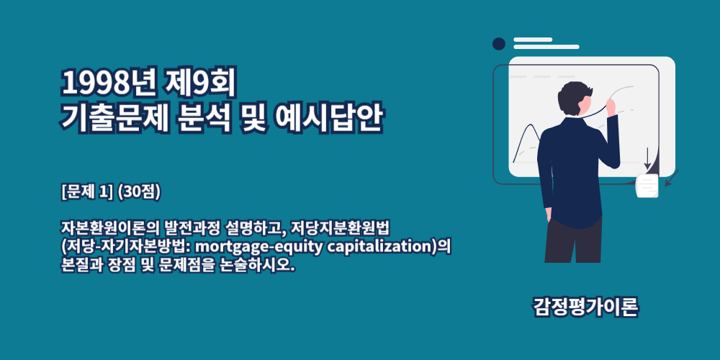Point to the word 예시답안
tap(328, 118)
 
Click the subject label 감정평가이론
tap(585, 307)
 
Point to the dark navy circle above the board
tap(499, 44)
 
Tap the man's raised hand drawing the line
tap(611, 107)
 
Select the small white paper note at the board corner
tap(647, 186)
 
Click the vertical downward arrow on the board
tap(647, 158)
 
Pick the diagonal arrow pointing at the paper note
tap(672, 178)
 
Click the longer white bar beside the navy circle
tap(546, 47)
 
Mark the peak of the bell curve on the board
tap(531, 124)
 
